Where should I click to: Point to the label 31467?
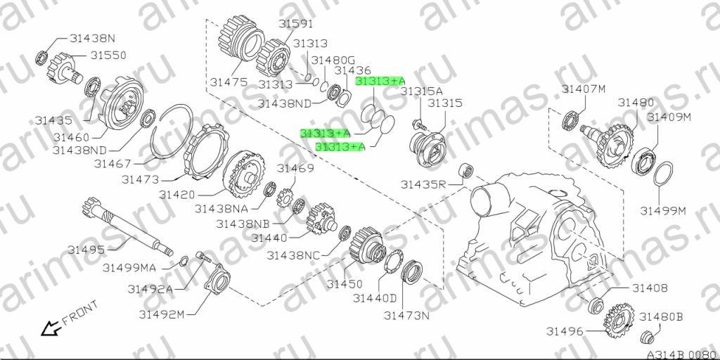point(113,163)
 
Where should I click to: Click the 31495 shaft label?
point(86,250)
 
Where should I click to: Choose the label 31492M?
point(163,315)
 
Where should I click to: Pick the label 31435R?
point(423,185)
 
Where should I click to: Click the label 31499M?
point(663,211)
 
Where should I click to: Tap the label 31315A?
point(422,91)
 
